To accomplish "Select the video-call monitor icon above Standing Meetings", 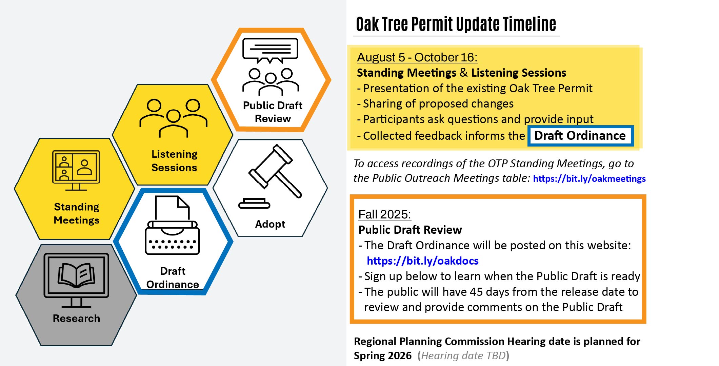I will [76, 170].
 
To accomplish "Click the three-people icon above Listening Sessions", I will [173, 117].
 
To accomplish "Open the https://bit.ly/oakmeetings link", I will [589, 179].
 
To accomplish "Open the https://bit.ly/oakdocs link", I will [422, 261].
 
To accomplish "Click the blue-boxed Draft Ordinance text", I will [580, 136].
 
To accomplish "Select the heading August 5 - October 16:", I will [417, 57].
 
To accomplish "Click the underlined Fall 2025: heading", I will [384, 214].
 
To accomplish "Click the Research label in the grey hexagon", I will [76, 318].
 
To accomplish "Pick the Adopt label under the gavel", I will [270, 224].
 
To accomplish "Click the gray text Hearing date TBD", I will [463, 355].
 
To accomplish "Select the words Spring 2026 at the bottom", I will [382, 355].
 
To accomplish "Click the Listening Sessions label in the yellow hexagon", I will [174, 161].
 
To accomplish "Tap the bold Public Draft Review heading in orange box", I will [410, 230].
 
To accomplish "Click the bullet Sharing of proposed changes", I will [438, 103].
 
